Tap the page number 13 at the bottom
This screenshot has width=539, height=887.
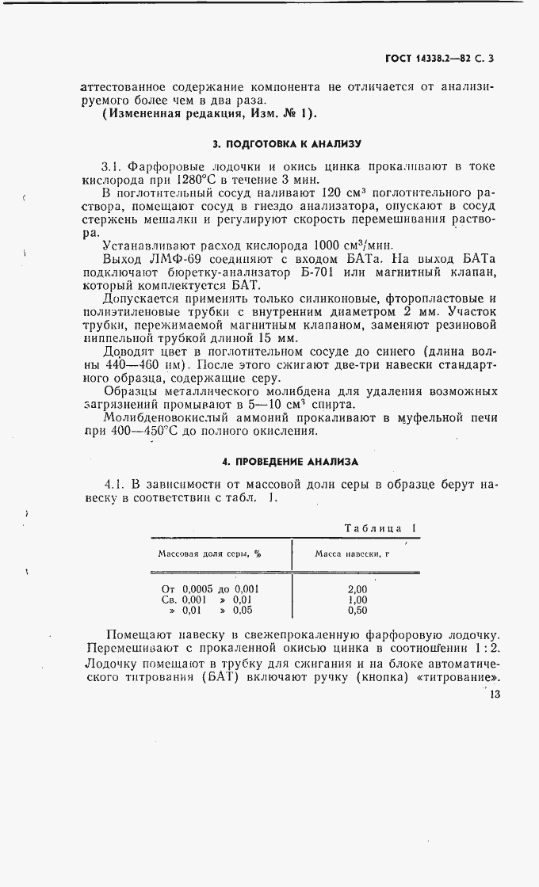495,695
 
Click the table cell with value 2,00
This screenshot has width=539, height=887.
357,588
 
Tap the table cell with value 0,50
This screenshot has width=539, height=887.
357,611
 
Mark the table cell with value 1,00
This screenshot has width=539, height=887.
357,600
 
